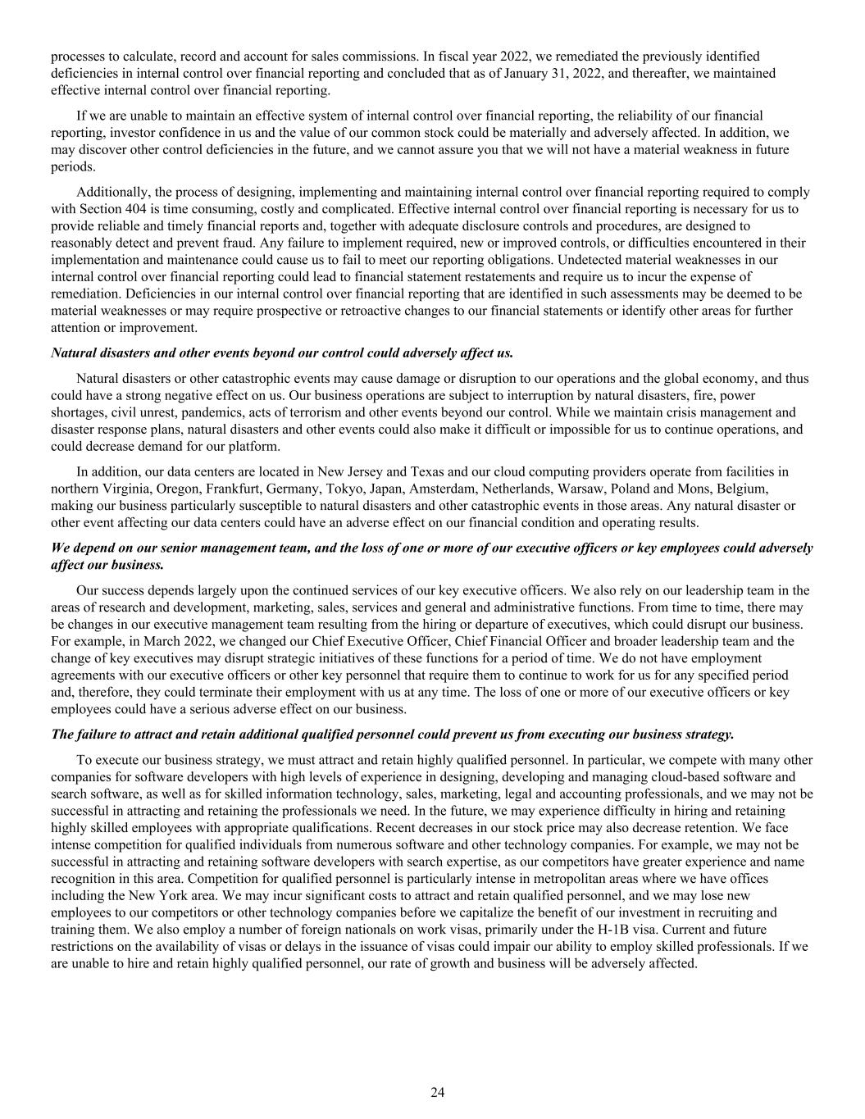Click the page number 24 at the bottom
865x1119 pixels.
pos(437,1092)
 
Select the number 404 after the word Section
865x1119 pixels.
pos(130,208)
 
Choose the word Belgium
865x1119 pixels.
pos(744,489)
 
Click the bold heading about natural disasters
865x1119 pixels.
pos(282,353)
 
